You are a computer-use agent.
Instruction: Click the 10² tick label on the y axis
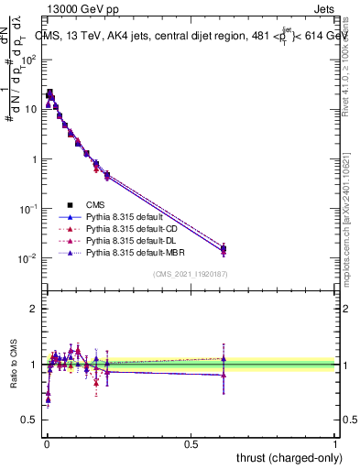27,59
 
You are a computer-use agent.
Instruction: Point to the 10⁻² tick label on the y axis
27,258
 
